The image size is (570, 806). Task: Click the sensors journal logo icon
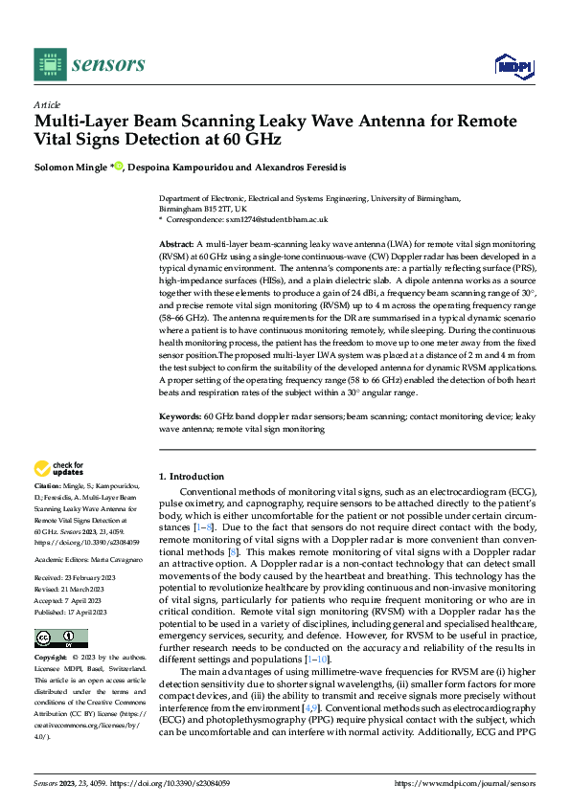point(49,64)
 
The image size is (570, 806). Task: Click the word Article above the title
point(47,105)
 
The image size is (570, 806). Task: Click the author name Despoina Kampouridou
point(181,166)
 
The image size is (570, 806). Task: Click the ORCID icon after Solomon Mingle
point(120,166)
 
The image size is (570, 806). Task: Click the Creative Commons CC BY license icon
point(61,638)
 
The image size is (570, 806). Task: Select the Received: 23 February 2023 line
point(76,578)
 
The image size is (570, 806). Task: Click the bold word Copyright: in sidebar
point(52,659)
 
